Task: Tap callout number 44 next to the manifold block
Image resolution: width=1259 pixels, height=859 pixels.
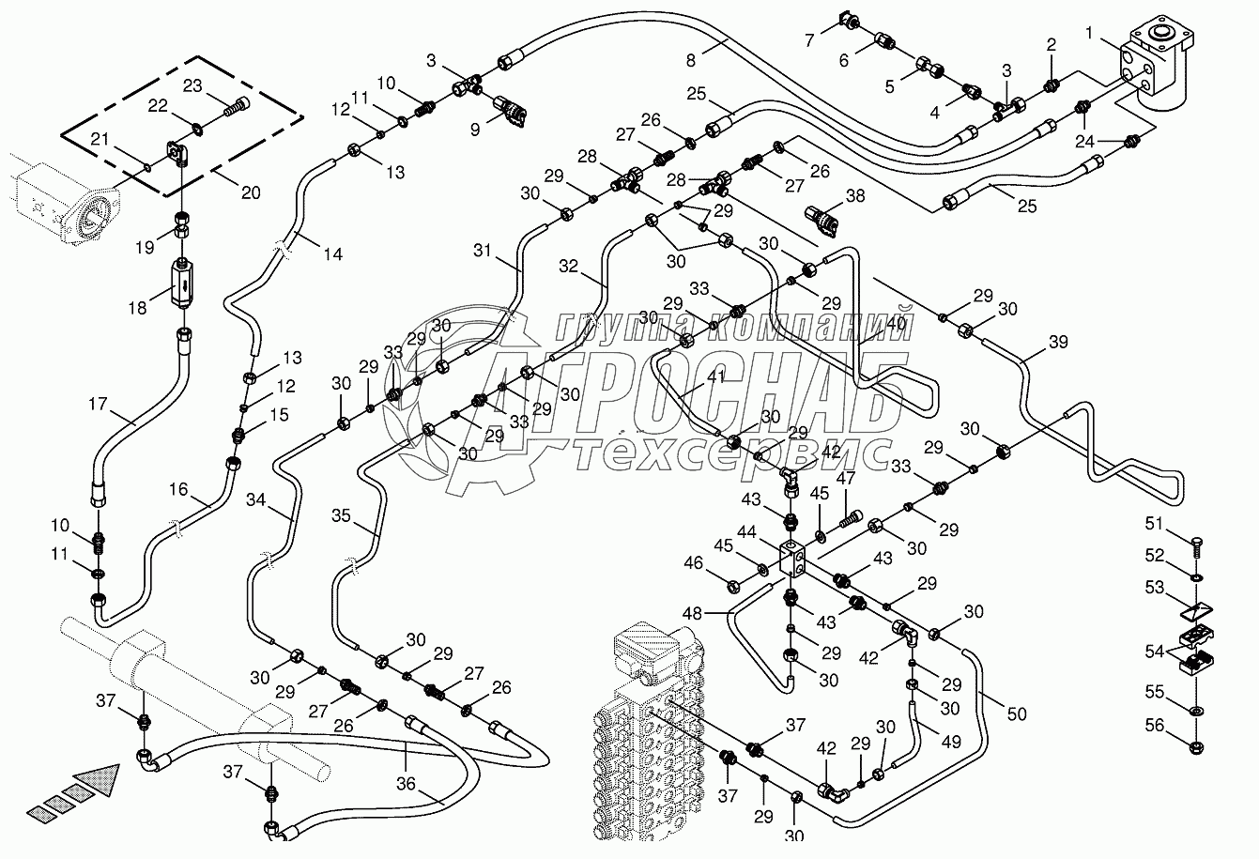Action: point(747,532)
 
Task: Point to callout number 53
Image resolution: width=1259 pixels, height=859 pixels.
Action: point(1153,590)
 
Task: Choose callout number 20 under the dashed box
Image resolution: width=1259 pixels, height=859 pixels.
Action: point(250,193)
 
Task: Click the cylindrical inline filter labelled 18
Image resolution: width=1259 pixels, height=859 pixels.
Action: point(184,282)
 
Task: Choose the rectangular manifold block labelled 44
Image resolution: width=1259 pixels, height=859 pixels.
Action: point(794,557)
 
